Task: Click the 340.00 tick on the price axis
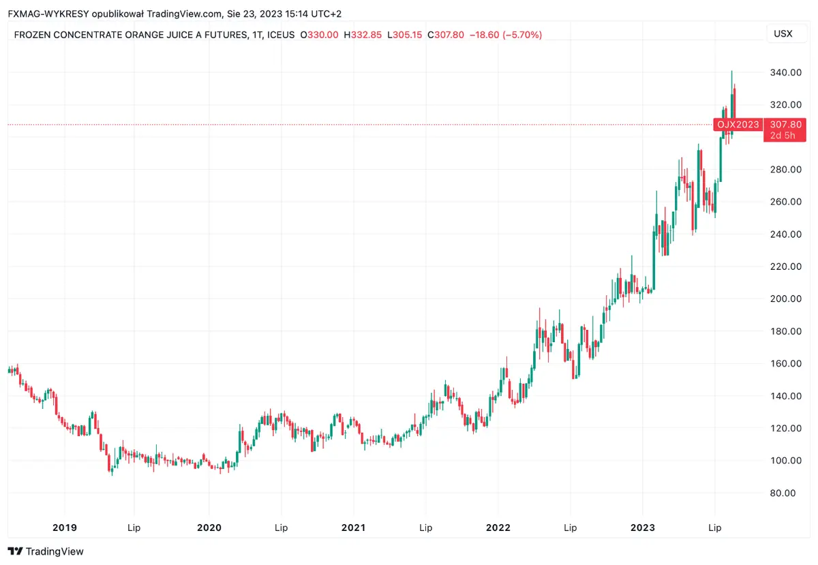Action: coord(783,72)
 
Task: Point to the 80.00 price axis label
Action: coord(783,493)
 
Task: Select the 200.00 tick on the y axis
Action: coord(783,299)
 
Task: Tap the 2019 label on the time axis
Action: coord(64,528)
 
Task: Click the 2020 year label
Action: coord(209,528)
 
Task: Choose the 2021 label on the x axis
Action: coord(353,528)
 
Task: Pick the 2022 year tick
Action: coord(498,528)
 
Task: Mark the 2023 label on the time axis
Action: coord(642,528)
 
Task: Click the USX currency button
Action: coord(783,34)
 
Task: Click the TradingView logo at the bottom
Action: coord(45,551)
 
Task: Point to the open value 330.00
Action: coord(323,35)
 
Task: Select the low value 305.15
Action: coord(408,35)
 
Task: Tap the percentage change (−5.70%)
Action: coord(522,35)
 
